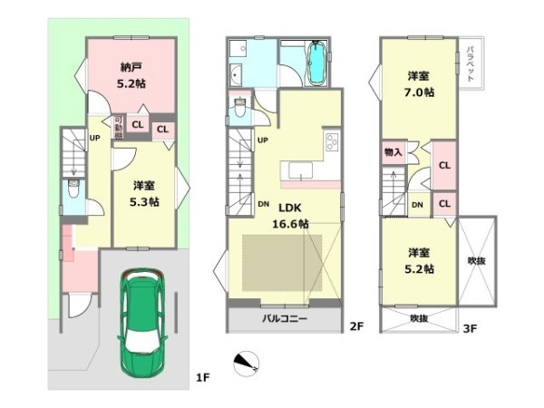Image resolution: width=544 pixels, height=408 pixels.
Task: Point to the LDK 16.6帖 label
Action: pos(291,215)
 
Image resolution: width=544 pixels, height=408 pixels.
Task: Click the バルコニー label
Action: pos(285,319)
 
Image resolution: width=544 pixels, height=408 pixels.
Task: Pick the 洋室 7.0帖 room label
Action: pos(419,83)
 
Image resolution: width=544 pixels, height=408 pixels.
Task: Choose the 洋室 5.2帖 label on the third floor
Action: pos(419,260)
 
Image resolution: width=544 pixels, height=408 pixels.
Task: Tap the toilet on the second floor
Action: pos(238,107)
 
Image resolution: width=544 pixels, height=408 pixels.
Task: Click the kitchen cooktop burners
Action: pos(330,142)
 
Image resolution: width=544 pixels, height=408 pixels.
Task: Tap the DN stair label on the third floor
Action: pos(416,205)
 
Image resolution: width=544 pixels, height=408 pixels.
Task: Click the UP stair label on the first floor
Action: pos(93,139)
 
